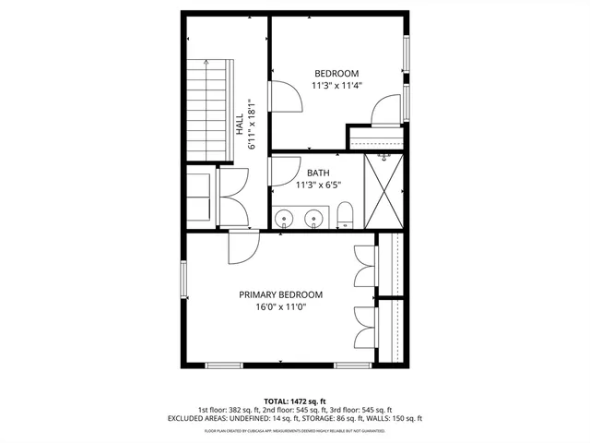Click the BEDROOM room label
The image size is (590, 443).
[x=336, y=74]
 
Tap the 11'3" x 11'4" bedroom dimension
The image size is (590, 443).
[x=336, y=86]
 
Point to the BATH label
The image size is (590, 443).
[x=318, y=173]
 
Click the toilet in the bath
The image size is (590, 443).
[x=345, y=216]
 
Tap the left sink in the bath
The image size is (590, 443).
[x=286, y=220]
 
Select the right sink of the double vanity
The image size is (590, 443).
[x=314, y=220]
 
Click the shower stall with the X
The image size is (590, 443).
[x=383, y=190]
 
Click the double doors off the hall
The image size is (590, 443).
[x=234, y=196]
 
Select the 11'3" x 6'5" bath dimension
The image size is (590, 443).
[x=318, y=185]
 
